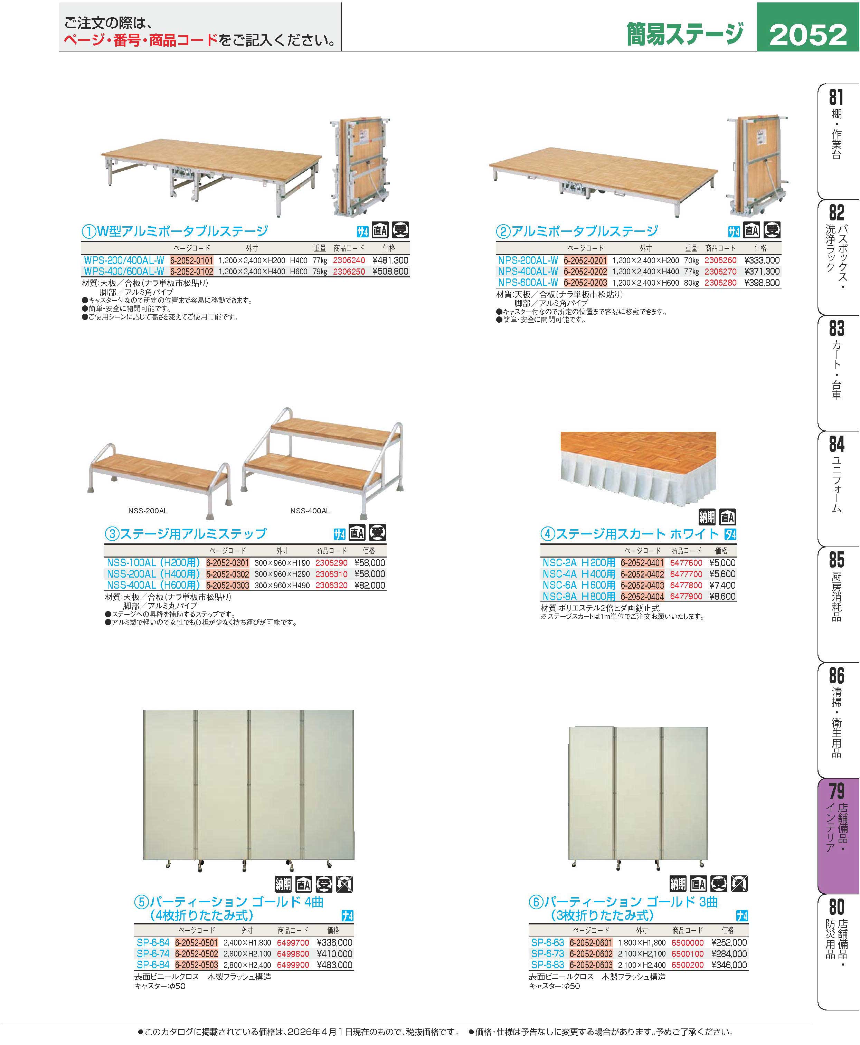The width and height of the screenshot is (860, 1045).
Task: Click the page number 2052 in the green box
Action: click(x=809, y=35)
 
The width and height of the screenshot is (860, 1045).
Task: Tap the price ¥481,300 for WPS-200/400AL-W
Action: click(x=390, y=260)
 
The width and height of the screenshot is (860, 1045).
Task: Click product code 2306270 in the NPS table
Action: click(x=720, y=272)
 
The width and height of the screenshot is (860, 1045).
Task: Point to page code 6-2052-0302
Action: click(x=227, y=574)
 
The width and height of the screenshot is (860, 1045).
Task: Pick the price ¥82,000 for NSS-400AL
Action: click(x=370, y=586)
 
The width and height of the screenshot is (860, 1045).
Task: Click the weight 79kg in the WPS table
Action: click(x=320, y=272)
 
